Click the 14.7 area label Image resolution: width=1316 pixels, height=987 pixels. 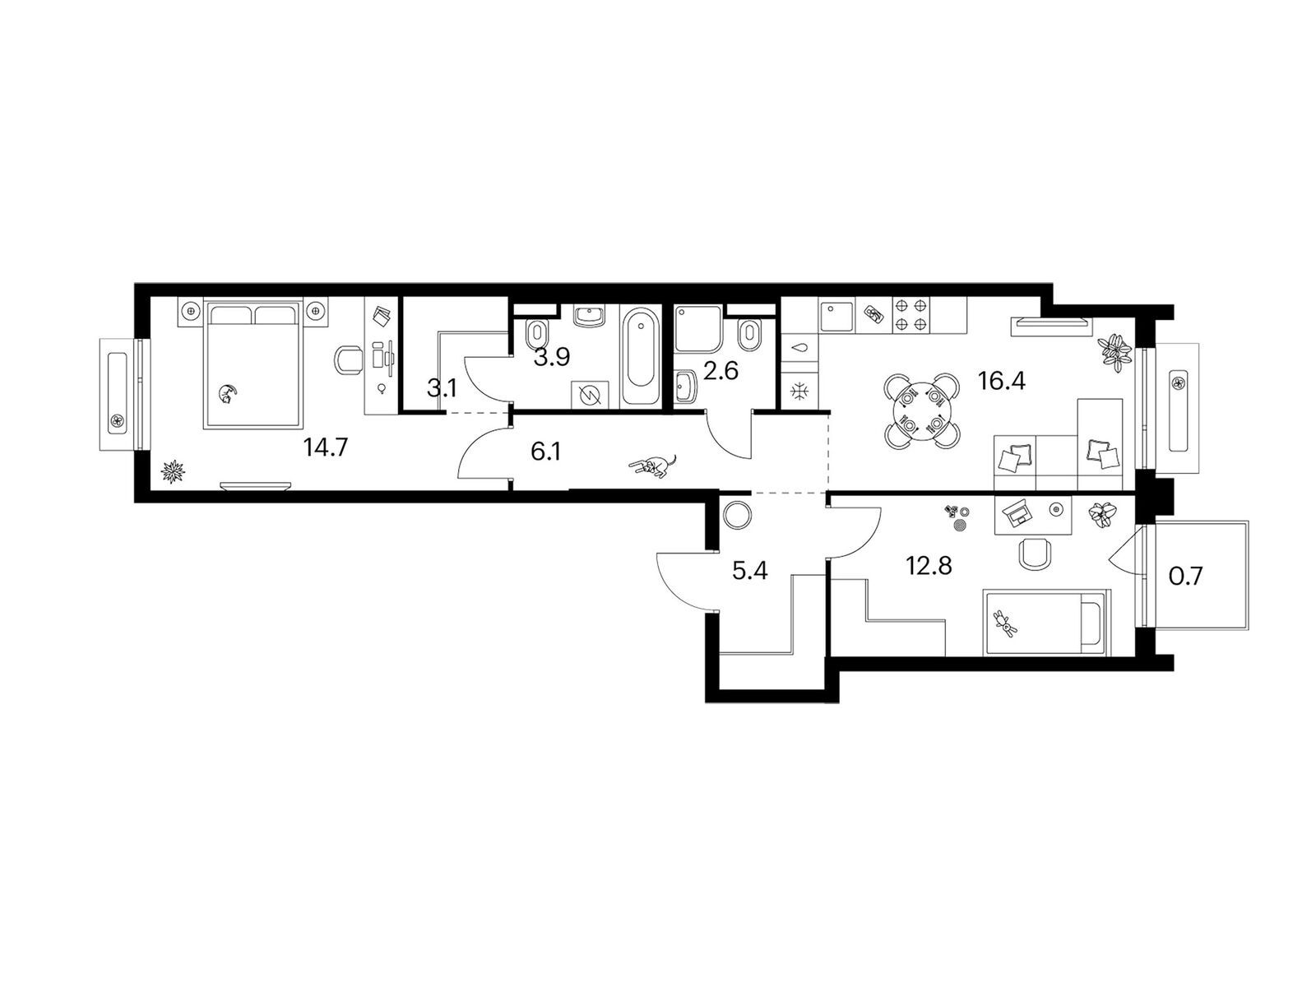(x=326, y=447)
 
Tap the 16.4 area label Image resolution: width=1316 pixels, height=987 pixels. (x=1001, y=380)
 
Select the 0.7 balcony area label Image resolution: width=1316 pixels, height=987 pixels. (x=1185, y=576)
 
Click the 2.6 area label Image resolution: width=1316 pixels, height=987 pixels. (x=720, y=371)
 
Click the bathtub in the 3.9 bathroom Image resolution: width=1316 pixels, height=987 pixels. (x=640, y=356)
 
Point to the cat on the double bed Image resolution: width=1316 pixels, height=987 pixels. (x=227, y=394)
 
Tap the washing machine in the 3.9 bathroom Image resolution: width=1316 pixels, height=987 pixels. (x=590, y=396)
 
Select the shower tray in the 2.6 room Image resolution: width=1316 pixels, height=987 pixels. (x=697, y=329)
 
